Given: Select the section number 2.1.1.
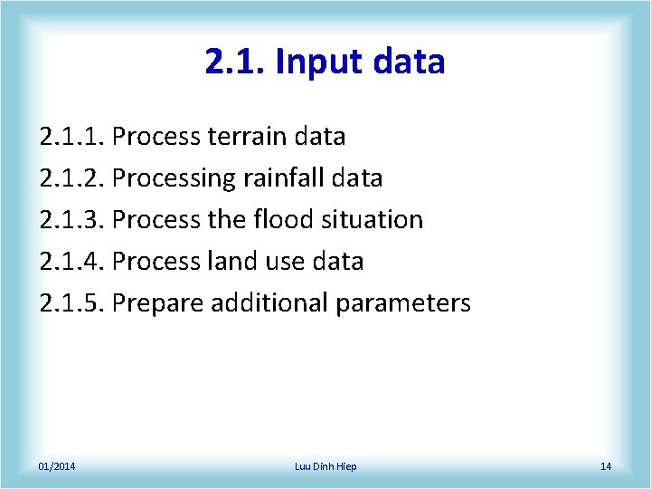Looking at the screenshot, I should [73, 137].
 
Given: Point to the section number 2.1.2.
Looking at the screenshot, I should [73, 178].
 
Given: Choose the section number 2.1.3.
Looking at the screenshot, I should [73, 220].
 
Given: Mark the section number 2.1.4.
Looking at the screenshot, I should [73, 262].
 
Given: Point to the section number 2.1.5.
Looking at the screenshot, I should [73, 303].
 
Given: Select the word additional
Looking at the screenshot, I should [269, 303].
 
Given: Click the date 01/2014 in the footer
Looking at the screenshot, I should [57, 466].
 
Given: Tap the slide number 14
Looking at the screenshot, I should [606, 466].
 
